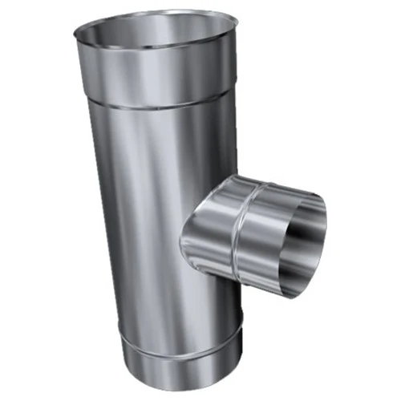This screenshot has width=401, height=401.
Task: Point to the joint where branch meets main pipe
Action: (x=189, y=233)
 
